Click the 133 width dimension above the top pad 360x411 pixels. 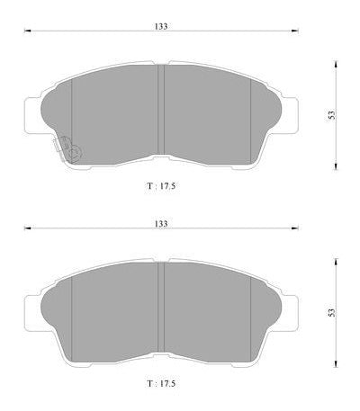pos(161,26)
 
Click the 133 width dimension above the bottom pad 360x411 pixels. pos(161,224)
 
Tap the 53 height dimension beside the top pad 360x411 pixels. pos(331,115)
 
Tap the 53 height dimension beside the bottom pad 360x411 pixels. pos(331,313)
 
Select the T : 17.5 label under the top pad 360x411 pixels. pos(161,186)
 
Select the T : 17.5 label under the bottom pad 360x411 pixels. pos(161,383)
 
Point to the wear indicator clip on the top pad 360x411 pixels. pos(67,148)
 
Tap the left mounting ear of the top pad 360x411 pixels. pos(31,115)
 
